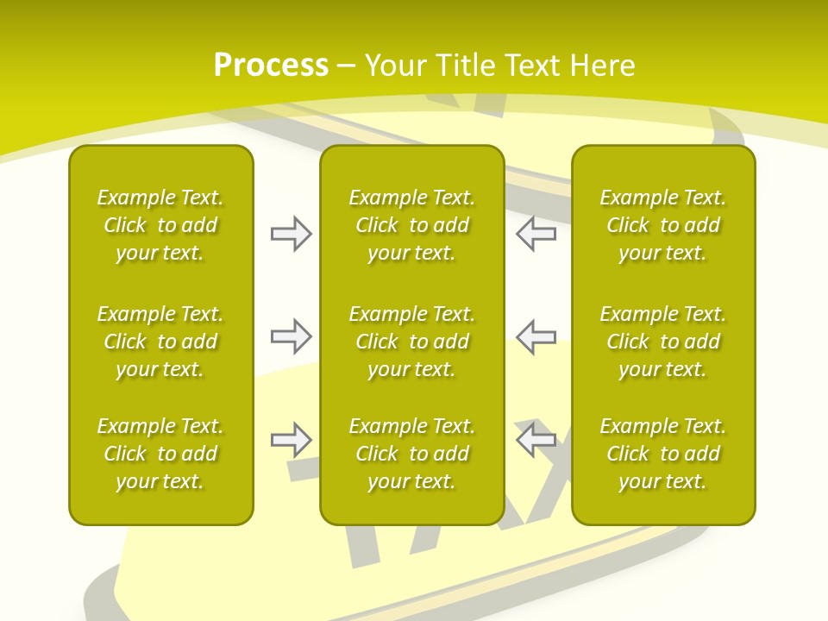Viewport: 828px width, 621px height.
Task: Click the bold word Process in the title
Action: point(271,66)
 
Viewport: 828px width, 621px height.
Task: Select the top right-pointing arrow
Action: point(291,234)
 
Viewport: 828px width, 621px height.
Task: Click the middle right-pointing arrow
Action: point(291,336)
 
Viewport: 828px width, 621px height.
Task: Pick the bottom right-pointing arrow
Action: point(291,440)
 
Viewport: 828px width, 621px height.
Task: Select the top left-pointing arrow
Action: point(536,234)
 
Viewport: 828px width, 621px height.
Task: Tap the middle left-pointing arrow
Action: point(536,336)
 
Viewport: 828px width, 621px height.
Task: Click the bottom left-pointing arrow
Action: point(536,440)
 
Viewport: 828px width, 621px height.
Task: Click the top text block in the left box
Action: point(160,225)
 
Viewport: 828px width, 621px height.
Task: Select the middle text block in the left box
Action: point(160,342)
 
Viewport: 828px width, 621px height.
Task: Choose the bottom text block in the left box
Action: point(160,454)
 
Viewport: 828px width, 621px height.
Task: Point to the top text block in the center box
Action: point(412,225)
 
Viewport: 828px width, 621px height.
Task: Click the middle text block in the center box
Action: point(412,342)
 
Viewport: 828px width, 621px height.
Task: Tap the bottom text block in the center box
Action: point(412,454)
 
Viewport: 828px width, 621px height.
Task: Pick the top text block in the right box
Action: point(663,225)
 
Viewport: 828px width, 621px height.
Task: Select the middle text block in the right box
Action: point(663,342)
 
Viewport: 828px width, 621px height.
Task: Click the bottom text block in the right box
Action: point(663,454)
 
